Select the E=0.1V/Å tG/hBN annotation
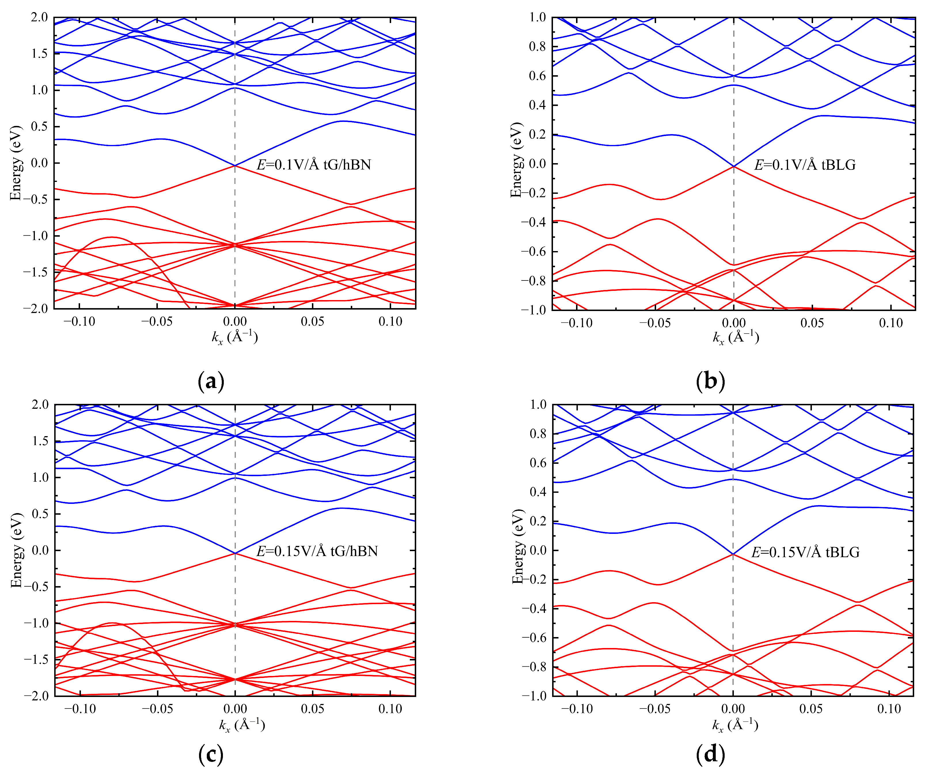click(314, 165)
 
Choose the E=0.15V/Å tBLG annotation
click(805, 552)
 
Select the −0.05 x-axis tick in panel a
click(157, 322)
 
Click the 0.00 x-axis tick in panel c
click(235, 709)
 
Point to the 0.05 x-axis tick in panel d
click(811, 709)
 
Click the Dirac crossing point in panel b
click(734, 166)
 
